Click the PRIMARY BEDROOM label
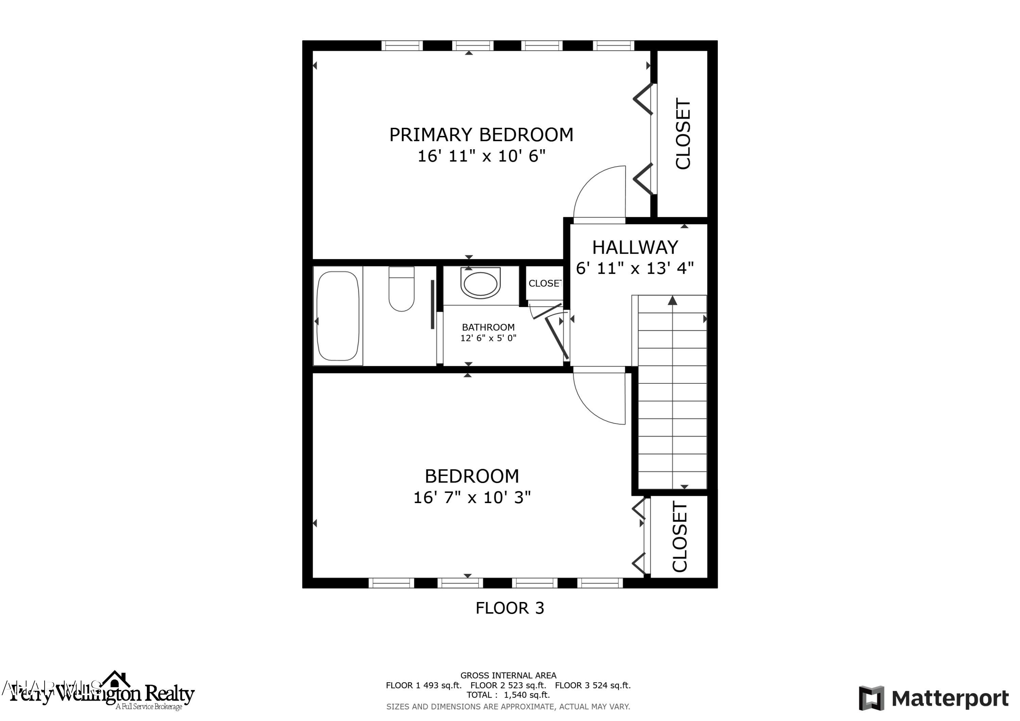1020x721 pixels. [x=481, y=135]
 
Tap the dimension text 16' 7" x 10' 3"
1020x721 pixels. [x=472, y=498]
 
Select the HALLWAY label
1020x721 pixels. [x=635, y=247]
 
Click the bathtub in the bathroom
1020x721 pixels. [x=337, y=316]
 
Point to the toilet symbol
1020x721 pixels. [x=401, y=289]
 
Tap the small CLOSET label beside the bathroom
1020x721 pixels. [x=545, y=284]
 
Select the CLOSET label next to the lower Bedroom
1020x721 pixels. [x=680, y=537]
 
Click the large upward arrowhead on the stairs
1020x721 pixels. [x=673, y=301]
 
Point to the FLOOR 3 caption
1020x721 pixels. [x=510, y=608]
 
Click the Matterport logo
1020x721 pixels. [x=933, y=698]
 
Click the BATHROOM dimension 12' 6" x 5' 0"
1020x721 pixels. [x=488, y=338]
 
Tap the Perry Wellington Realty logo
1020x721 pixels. [x=102, y=693]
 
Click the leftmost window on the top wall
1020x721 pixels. [x=402, y=45]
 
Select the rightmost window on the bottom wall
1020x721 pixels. [x=600, y=583]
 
